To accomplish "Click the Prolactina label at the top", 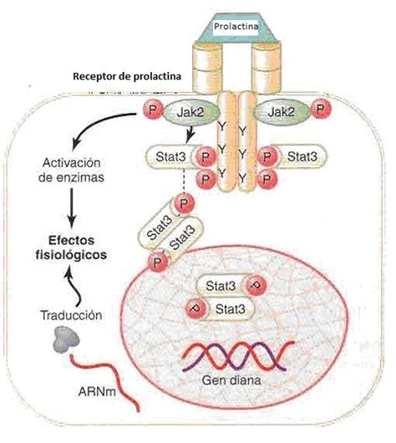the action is pos(236,27).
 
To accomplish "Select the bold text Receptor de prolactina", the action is pos(127,76).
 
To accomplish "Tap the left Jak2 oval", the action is pos(190,112).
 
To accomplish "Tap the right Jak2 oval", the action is pos(282,112).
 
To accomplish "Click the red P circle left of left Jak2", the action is pos(153,109).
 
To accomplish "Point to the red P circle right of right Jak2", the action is pos(320,109).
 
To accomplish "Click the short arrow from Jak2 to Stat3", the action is pos(190,135).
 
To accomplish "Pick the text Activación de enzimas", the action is pos(71,171).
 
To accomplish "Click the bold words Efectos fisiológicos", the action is pos(71,247).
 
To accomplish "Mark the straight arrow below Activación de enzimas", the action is pos(72,207).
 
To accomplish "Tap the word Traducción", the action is pos(72,315).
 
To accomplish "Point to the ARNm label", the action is pos(97,391).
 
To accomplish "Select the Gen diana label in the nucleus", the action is pos(231,380).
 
